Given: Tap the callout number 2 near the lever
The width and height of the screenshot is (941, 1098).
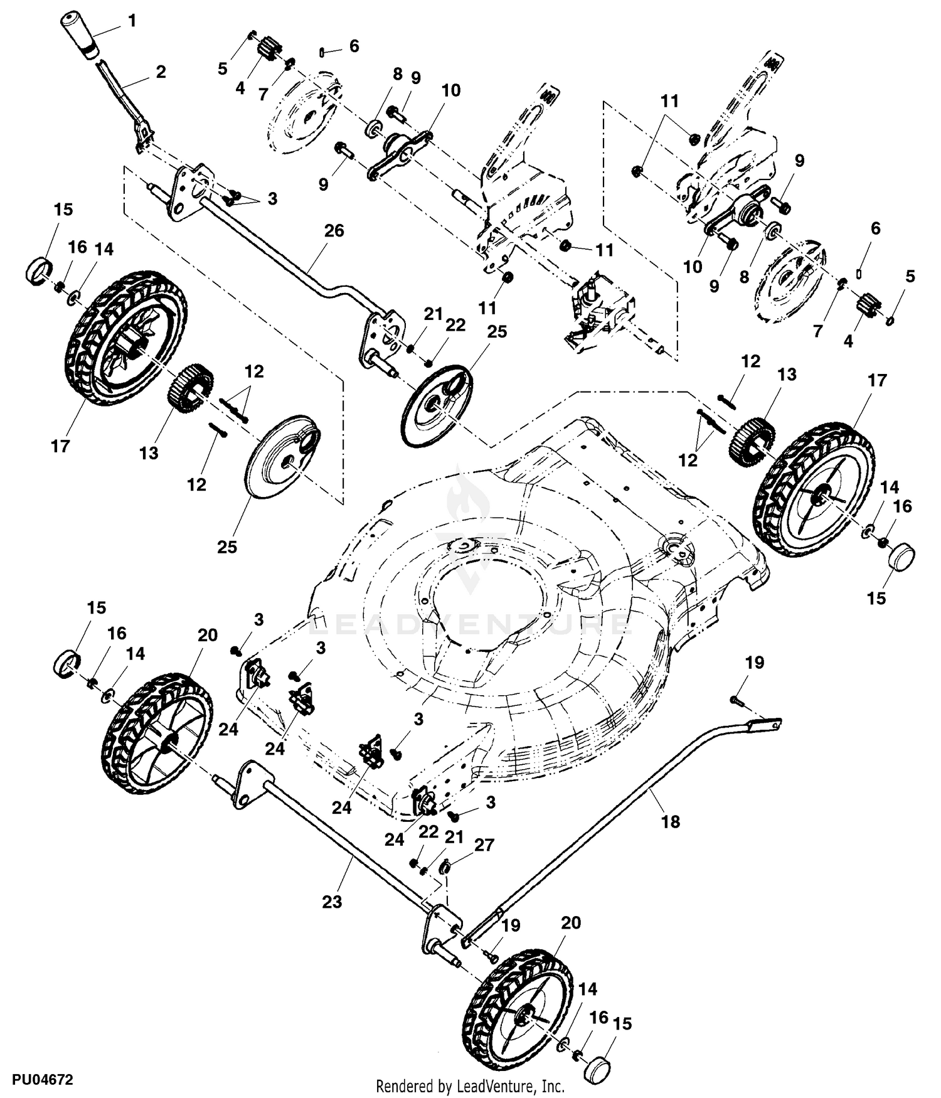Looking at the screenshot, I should (x=161, y=72).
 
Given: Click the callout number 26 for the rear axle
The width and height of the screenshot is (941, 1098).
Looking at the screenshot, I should (x=334, y=231).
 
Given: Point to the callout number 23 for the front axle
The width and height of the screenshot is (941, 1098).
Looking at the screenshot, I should (x=332, y=902).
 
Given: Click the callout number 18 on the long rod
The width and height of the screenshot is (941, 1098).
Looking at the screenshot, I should (x=671, y=821).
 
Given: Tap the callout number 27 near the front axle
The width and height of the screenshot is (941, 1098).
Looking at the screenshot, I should (x=484, y=845).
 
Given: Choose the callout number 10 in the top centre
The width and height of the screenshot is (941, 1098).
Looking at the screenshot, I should (x=450, y=90).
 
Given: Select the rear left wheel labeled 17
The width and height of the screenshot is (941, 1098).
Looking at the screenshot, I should (x=126, y=339).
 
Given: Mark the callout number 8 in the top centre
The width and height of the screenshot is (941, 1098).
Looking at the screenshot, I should (x=397, y=74).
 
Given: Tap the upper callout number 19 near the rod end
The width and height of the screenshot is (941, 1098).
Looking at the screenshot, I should (x=755, y=663).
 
